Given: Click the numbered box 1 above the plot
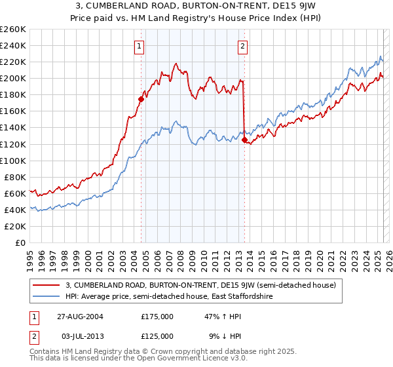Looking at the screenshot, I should [x=141, y=46].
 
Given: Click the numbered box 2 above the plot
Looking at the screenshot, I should [x=243, y=46].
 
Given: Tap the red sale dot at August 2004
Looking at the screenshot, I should [x=141, y=99].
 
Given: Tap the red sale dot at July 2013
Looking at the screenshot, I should [x=244, y=140].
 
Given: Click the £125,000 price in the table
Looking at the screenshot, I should [x=157, y=336].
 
